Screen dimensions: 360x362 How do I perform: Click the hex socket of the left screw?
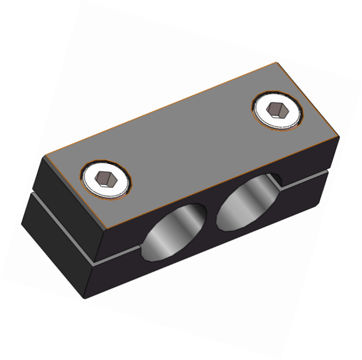(x=105, y=179)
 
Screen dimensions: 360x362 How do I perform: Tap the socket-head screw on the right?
(x=277, y=111)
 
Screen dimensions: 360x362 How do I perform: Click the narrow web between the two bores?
(x=213, y=217)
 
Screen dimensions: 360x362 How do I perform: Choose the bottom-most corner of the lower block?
(x=85, y=299)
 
